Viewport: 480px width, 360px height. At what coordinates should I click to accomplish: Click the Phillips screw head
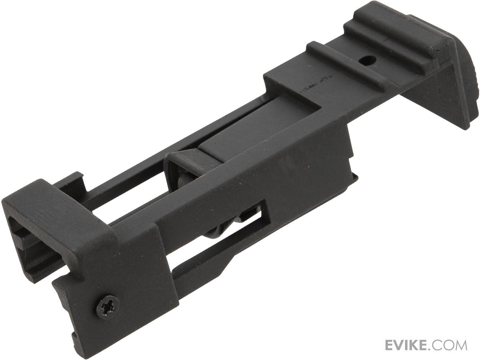[x=107, y=307]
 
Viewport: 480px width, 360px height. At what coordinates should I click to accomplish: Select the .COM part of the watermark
[x=452, y=345]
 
